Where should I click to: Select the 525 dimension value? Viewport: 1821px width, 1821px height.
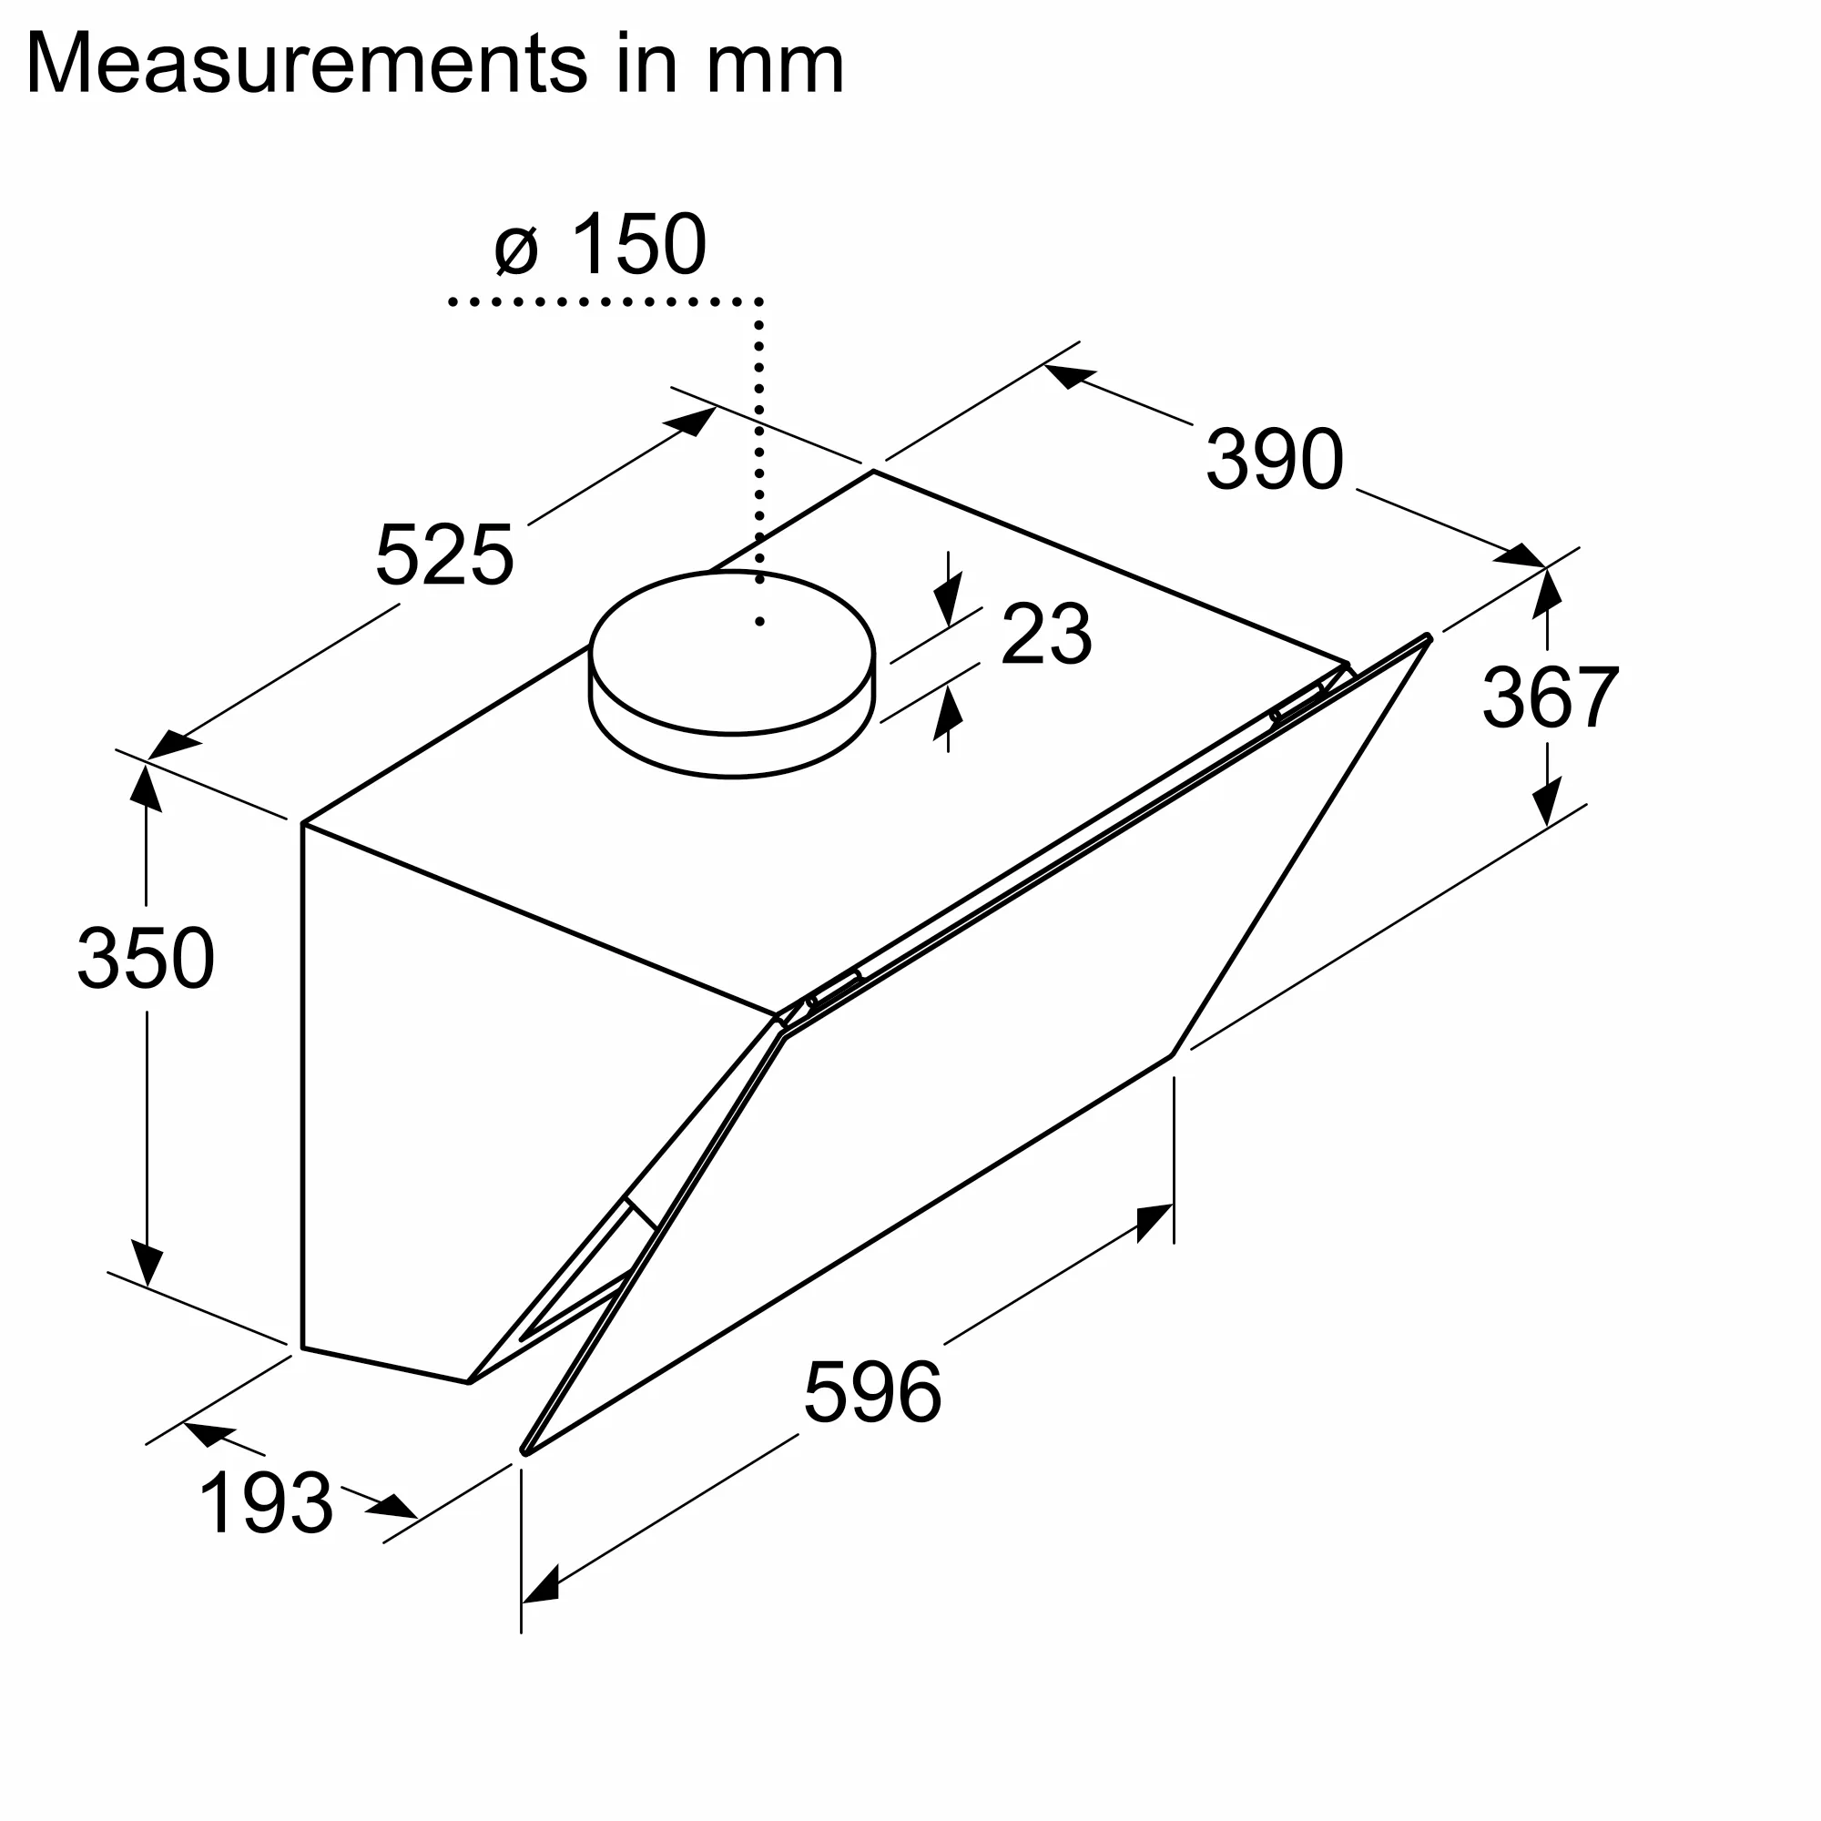(x=444, y=555)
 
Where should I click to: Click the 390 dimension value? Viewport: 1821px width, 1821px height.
(x=1275, y=459)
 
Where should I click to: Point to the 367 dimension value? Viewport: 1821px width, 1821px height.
(x=1551, y=697)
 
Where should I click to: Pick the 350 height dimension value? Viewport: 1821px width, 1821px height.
(x=146, y=959)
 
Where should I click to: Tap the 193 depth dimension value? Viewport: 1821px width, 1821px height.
(x=267, y=1504)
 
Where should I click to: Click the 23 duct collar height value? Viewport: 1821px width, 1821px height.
(x=1045, y=635)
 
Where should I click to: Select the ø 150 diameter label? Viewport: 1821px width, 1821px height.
(x=600, y=244)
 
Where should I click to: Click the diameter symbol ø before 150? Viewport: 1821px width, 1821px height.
(x=515, y=250)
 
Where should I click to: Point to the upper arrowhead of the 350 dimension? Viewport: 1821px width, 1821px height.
(x=145, y=787)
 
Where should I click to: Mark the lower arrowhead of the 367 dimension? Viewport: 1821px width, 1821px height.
(x=1547, y=804)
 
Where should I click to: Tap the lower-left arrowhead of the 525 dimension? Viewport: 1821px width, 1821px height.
(x=171, y=747)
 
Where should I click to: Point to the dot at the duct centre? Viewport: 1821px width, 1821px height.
(x=759, y=622)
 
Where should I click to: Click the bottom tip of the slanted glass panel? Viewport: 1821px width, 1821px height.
(x=525, y=1450)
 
